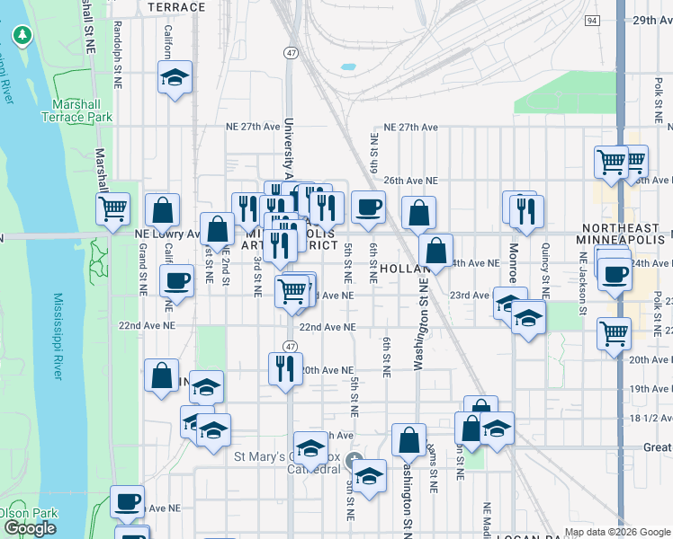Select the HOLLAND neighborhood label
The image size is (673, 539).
pos(399,268)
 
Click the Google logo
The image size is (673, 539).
pos(30,528)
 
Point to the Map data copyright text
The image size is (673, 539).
pos(617,531)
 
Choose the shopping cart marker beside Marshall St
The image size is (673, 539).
pos(113,208)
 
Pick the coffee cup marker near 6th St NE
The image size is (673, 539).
pos(368,208)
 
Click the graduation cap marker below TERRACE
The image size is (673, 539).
pos(175,77)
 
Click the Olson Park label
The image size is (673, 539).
pos(15,513)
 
